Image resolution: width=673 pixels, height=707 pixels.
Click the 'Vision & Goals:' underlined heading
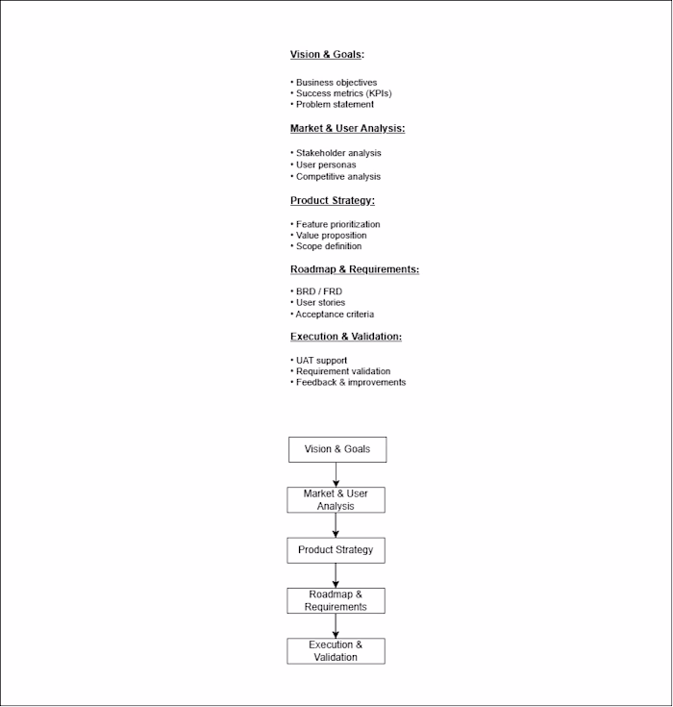point(327,55)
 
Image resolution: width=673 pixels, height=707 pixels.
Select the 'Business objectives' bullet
point(336,83)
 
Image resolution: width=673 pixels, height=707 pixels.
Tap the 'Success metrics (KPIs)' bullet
point(343,93)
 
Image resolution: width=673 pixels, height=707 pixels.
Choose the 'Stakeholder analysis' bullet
point(337,153)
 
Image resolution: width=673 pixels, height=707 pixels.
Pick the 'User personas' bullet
point(325,164)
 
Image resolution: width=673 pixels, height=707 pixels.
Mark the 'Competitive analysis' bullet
point(337,177)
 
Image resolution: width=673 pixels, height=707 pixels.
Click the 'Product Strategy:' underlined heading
point(333,200)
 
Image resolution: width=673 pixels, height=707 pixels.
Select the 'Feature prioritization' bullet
point(337,224)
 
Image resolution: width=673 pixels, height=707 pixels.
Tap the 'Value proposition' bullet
point(331,236)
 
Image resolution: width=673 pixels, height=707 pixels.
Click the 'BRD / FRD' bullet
point(318,291)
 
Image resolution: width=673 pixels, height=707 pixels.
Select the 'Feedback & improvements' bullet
point(350,383)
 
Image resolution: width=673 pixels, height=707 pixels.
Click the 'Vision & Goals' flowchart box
point(336,449)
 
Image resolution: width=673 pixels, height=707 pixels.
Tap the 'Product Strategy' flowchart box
point(336,550)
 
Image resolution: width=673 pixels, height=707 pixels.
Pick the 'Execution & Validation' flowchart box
point(336,651)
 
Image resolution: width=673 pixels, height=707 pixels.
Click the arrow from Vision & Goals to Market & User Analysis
point(336,475)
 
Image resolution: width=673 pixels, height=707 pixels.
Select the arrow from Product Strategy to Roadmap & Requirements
point(336,575)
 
